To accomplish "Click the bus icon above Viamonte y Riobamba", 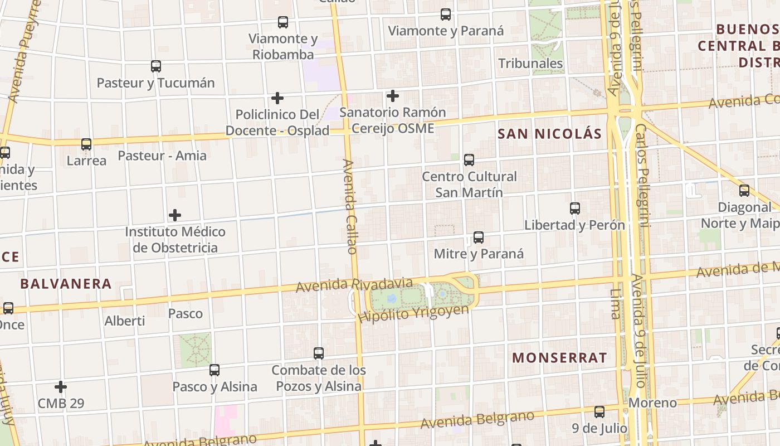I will [283, 23].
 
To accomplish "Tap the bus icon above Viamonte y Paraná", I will [446, 15].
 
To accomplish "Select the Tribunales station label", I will [530, 64].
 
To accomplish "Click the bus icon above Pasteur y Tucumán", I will [156, 67].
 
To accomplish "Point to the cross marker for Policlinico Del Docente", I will [277, 99].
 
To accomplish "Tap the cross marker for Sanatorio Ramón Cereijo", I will [393, 96].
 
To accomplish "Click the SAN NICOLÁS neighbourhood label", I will [549, 134].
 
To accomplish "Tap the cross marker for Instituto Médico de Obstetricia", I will [175, 215].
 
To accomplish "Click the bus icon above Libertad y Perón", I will [575, 209].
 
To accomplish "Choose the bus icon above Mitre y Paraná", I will [479, 238].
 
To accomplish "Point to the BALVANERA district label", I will [66, 284].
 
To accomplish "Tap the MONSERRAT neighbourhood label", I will [559, 358].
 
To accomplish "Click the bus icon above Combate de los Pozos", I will [319, 353].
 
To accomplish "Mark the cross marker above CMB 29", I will [61, 387].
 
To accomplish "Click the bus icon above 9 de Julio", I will [599, 413].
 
